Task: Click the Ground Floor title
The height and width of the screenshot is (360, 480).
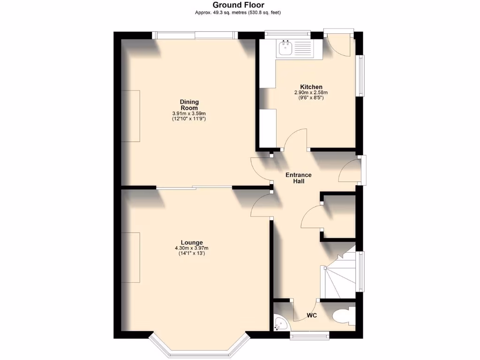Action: pyautogui.click(x=239, y=5)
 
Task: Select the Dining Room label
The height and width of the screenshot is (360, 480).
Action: pyautogui.click(x=189, y=105)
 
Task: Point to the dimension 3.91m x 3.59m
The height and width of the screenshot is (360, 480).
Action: pyautogui.click(x=189, y=113)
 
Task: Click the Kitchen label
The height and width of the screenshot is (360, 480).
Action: pyautogui.click(x=311, y=87)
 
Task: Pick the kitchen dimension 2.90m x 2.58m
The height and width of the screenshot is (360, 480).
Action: pyautogui.click(x=311, y=93)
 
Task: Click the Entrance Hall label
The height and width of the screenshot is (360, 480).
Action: pyautogui.click(x=299, y=178)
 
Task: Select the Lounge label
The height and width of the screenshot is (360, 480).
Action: pyautogui.click(x=192, y=242)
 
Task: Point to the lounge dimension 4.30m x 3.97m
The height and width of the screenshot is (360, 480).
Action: pyautogui.click(x=192, y=248)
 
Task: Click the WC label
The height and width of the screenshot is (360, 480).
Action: pyautogui.click(x=312, y=315)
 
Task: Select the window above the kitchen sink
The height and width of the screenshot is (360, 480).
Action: pyautogui.click(x=287, y=34)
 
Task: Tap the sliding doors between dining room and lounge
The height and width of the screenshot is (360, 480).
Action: pyautogui.click(x=194, y=187)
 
